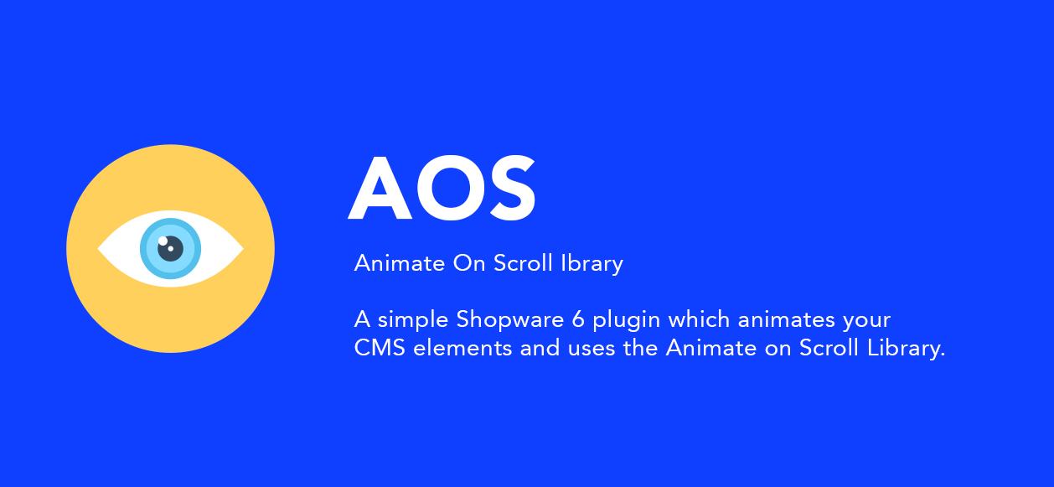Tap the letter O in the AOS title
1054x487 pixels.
pos(446,190)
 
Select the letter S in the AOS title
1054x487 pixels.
pos(508,190)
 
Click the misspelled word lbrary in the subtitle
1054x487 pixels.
pos(592,264)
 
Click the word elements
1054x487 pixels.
pos(462,348)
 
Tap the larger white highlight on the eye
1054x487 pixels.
pos(163,241)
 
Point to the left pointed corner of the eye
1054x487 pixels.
pos(100,249)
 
